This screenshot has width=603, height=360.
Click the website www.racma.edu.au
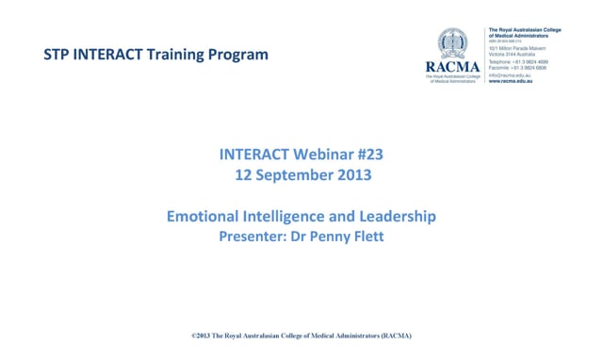[513, 82]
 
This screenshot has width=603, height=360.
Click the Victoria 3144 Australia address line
[515, 55]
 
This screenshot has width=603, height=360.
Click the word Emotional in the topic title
[205, 217]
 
